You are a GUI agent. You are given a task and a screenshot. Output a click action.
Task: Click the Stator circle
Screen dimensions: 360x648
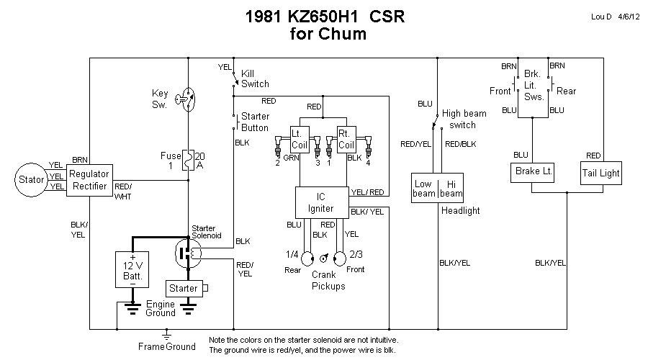32,178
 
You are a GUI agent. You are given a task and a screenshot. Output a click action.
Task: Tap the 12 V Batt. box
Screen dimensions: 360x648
132,269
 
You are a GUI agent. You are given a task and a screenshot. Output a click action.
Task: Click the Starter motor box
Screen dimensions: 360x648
184,289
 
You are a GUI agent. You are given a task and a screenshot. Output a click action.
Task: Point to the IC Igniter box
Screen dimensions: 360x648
321,202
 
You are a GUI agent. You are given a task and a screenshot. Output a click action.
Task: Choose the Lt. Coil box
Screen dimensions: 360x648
299,135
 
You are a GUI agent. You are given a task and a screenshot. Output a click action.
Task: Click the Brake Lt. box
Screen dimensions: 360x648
533,174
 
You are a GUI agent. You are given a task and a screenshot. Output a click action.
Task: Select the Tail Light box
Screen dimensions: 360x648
600,174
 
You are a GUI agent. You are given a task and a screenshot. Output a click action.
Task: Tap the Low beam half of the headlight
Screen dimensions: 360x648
424,189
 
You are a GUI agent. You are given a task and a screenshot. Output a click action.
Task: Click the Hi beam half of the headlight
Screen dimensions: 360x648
451,189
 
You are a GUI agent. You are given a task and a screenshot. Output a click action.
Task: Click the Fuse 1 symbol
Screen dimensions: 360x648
187,160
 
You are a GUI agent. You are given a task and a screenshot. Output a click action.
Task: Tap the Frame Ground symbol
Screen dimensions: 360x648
166,336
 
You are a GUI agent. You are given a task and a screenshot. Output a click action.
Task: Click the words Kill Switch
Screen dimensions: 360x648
255,78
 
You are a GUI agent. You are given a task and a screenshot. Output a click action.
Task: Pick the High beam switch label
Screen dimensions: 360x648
464,119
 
